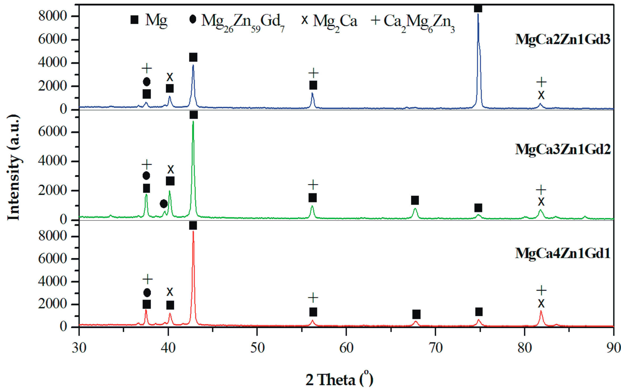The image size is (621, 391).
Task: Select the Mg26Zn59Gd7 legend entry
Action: click(237, 21)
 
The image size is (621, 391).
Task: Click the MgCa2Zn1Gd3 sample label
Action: click(562, 39)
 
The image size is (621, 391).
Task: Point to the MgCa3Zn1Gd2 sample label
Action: click(562, 149)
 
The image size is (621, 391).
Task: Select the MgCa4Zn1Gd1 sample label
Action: click(562, 253)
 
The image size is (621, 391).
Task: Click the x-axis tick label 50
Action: click(257, 348)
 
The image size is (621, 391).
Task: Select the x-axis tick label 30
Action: click(79, 348)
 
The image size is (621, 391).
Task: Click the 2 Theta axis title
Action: click(339, 379)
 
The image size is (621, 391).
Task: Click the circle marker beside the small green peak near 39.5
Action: click(164, 204)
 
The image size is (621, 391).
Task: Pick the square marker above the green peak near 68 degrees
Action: click(415, 200)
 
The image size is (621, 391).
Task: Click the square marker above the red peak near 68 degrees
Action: click(416, 314)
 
